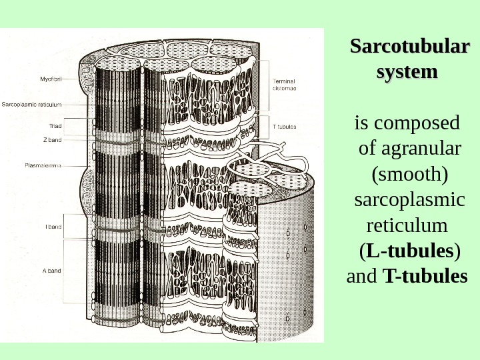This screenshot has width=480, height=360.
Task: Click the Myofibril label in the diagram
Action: point(51,79)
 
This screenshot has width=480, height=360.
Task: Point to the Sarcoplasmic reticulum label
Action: point(32,104)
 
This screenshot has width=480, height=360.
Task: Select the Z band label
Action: point(53,140)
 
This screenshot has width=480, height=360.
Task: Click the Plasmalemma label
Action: point(43,165)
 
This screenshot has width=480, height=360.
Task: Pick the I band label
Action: point(53,227)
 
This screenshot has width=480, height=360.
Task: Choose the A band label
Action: point(53,271)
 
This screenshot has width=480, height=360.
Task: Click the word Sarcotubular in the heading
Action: point(409,47)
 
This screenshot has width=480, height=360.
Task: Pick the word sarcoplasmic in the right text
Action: point(409,199)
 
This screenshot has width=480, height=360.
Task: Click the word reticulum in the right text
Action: point(403,225)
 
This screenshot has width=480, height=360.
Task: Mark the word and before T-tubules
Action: point(363,276)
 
